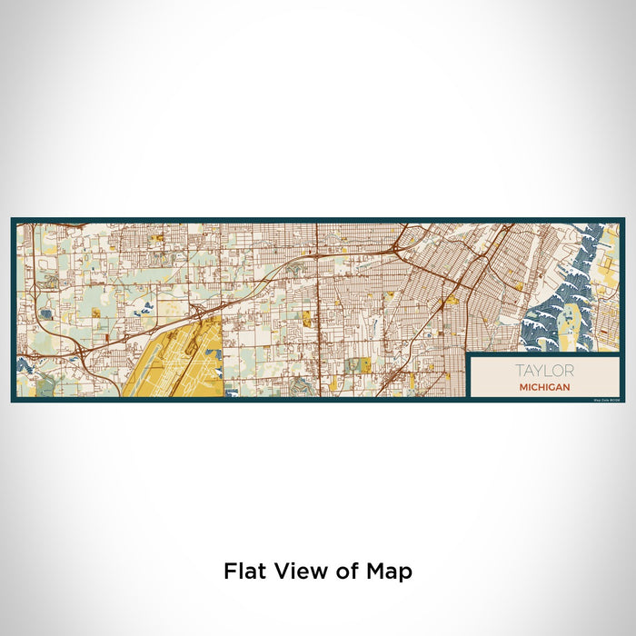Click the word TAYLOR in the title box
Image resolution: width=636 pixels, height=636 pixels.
[x=544, y=371]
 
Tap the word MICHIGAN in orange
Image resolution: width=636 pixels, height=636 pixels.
[x=544, y=387]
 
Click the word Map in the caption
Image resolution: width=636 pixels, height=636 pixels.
[x=392, y=572]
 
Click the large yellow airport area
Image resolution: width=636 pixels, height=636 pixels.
[x=177, y=359]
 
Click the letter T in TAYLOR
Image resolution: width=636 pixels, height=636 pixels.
[x=519, y=371]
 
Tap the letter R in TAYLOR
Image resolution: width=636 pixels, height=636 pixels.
[x=569, y=371]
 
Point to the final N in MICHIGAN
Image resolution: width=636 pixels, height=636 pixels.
[x=567, y=387]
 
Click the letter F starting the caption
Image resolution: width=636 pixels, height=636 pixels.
[x=229, y=571]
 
